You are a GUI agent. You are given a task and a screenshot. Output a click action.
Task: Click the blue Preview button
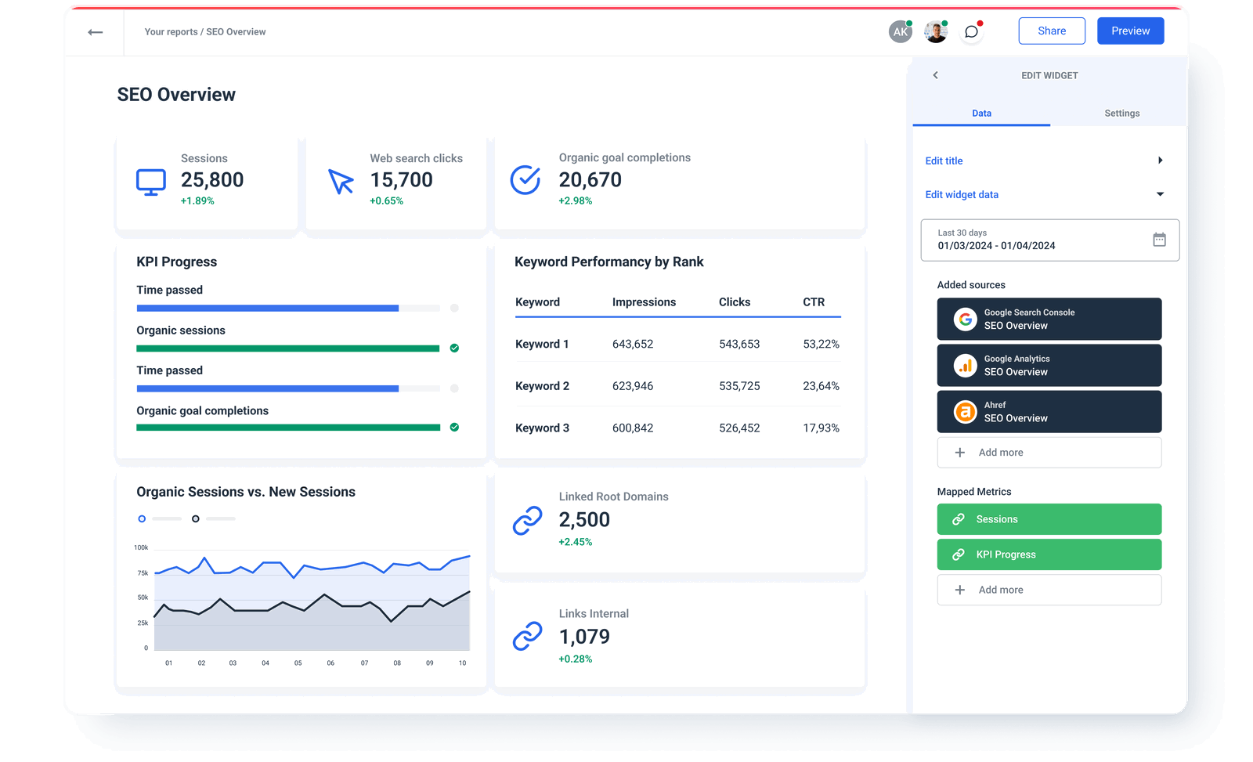(1130, 31)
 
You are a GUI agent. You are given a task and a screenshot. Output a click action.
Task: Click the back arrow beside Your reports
(96, 32)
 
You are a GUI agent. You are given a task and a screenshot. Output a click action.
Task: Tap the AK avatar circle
(901, 32)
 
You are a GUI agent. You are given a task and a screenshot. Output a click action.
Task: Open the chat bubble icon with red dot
(971, 32)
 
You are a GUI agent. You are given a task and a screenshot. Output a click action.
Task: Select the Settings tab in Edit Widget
(1121, 114)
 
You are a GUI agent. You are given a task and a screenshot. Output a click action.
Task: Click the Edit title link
(944, 161)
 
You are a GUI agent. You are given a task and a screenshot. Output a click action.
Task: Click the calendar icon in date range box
(1159, 240)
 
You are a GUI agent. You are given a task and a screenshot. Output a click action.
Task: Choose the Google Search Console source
(1049, 319)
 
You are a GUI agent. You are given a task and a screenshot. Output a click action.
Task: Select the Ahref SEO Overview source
(1049, 412)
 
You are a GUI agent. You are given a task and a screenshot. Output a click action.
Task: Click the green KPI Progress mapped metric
(1049, 554)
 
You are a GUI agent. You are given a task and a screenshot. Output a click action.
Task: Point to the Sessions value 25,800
(212, 180)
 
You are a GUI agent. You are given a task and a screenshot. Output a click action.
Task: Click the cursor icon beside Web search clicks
(341, 181)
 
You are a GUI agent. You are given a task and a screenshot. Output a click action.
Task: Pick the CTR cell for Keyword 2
(821, 386)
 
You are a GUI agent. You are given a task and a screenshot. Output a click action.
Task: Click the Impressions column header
(644, 302)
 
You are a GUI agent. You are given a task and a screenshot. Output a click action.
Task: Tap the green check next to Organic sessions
(454, 348)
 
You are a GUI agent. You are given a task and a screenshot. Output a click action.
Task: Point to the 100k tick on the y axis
(141, 547)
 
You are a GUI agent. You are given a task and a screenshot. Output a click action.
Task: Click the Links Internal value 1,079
(584, 637)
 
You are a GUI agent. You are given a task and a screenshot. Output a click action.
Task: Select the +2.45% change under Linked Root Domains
(576, 542)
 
